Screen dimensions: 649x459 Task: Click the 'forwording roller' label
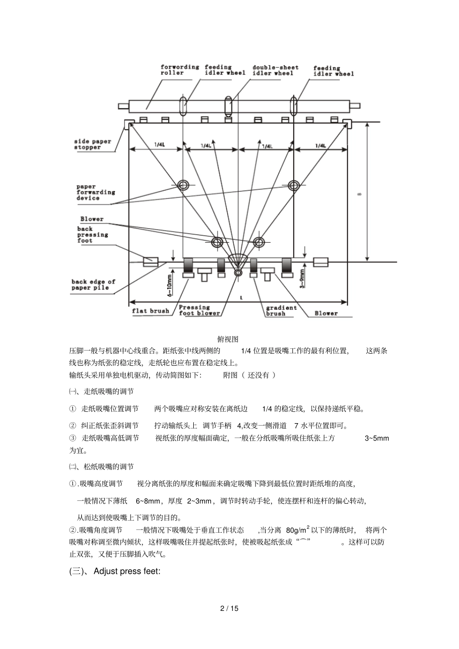pyautogui.click(x=179, y=70)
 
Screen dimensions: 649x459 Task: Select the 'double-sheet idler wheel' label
pyautogui.click(x=275, y=70)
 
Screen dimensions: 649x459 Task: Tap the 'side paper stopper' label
pyautogui.click(x=93, y=144)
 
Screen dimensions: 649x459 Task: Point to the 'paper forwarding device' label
pyautogui.click(x=95, y=192)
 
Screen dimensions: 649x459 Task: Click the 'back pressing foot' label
pyautogui.click(x=93, y=235)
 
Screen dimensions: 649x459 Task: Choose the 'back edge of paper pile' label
pyautogui.click(x=93, y=285)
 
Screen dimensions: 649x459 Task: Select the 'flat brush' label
pyautogui.click(x=151, y=311)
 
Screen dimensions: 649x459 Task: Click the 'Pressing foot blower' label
pyautogui.click(x=199, y=310)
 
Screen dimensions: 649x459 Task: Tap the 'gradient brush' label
pyautogui.click(x=281, y=310)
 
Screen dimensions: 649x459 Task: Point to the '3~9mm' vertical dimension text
pyautogui.click(x=302, y=278)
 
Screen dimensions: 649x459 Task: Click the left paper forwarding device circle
pyautogui.click(x=183, y=185)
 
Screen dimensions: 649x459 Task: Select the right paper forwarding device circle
pyautogui.click(x=294, y=185)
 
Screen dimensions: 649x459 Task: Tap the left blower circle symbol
pyautogui.click(x=217, y=241)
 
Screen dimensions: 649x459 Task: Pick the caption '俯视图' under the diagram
pyautogui.click(x=229, y=340)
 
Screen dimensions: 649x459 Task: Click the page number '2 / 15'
pyautogui.click(x=229, y=608)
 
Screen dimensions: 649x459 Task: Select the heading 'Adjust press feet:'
pyautogui.click(x=127, y=571)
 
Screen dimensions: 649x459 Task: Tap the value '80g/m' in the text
pyautogui.click(x=297, y=530)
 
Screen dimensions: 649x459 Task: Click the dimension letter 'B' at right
pyautogui.click(x=359, y=194)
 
